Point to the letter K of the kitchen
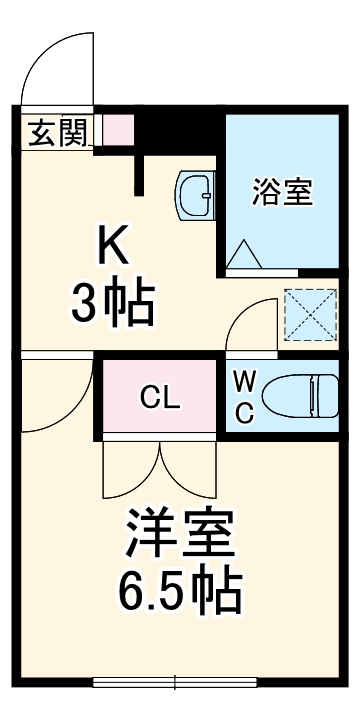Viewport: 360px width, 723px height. click(112, 243)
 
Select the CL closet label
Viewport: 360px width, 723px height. click(160, 397)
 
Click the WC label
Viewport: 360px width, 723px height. click(244, 395)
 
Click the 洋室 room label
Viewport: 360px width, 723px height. click(180, 535)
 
